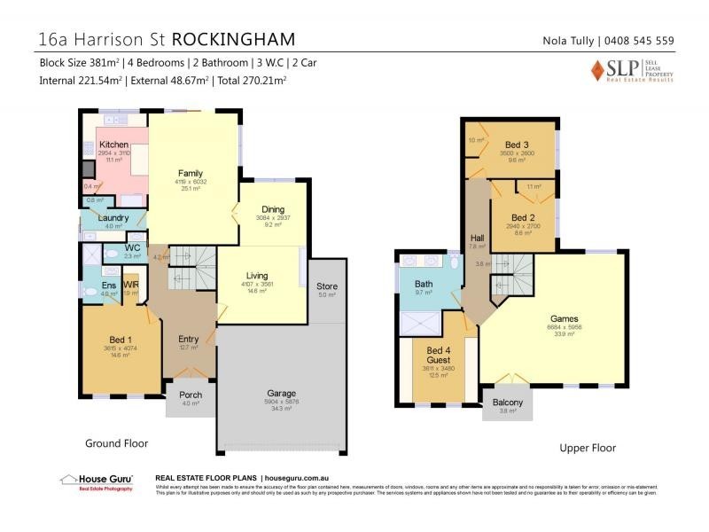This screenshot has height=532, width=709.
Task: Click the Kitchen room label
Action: pyautogui.click(x=113, y=145)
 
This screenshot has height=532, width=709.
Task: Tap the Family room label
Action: pyautogui.click(x=191, y=173)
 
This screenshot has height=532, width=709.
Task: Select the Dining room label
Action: pyautogui.click(x=273, y=209)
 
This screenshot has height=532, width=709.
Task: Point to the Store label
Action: pyautogui.click(x=327, y=286)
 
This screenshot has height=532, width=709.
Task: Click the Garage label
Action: pyautogui.click(x=282, y=393)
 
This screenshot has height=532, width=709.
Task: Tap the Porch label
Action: pyautogui.click(x=191, y=395)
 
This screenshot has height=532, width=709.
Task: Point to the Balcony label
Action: pyautogui.click(x=508, y=403)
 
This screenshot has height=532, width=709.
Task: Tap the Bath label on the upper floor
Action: pyautogui.click(x=424, y=284)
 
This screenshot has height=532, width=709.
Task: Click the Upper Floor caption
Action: pyautogui.click(x=587, y=448)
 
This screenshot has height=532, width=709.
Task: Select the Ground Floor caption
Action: pyautogui.click(x=115, y=442)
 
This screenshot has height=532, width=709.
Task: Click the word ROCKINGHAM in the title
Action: pyautogui.click(x=233, y=40)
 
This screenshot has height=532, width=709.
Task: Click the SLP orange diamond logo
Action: pyautogui.click(x=598, y=70)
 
